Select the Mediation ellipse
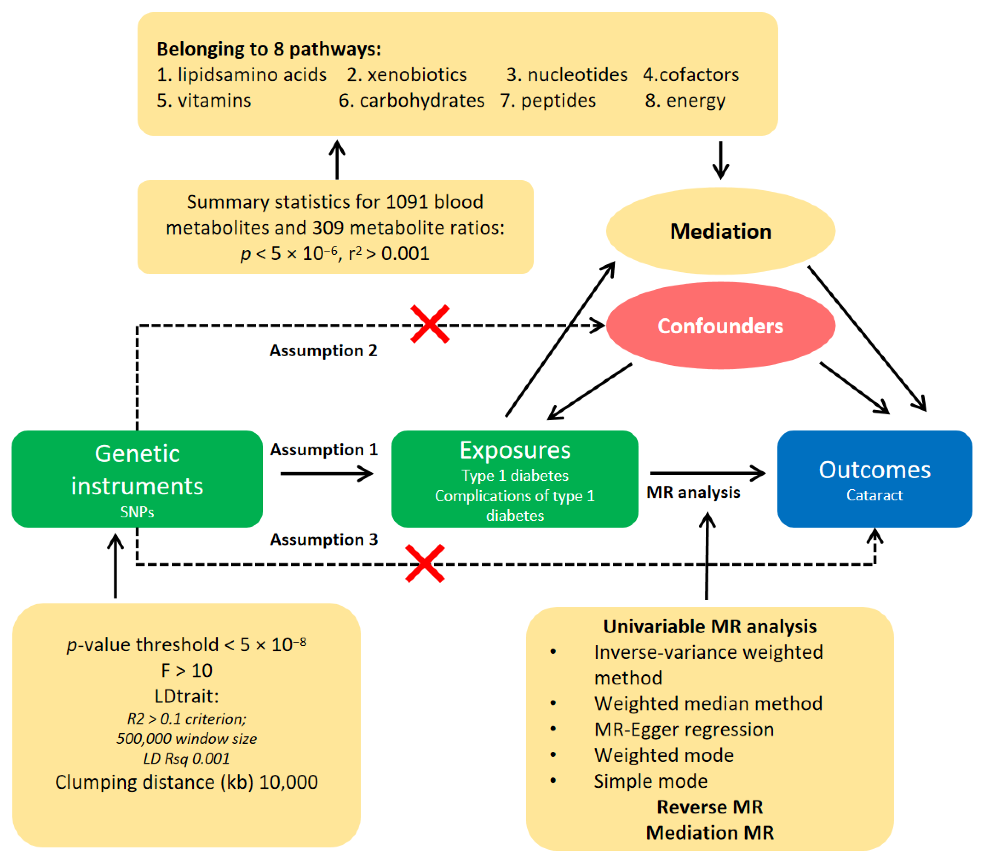(x=720, y=231)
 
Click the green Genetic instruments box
(x=137, y=478)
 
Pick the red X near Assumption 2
(x=430, y=324)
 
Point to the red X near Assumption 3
(x=425, y=563)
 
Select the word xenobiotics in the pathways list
(x=417, y=75)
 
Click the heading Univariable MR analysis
(x=710, y=626)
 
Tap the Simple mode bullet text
(x=650, y=781)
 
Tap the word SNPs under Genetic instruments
(x=137, y=512)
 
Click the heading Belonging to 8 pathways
(x=269, y=49)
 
